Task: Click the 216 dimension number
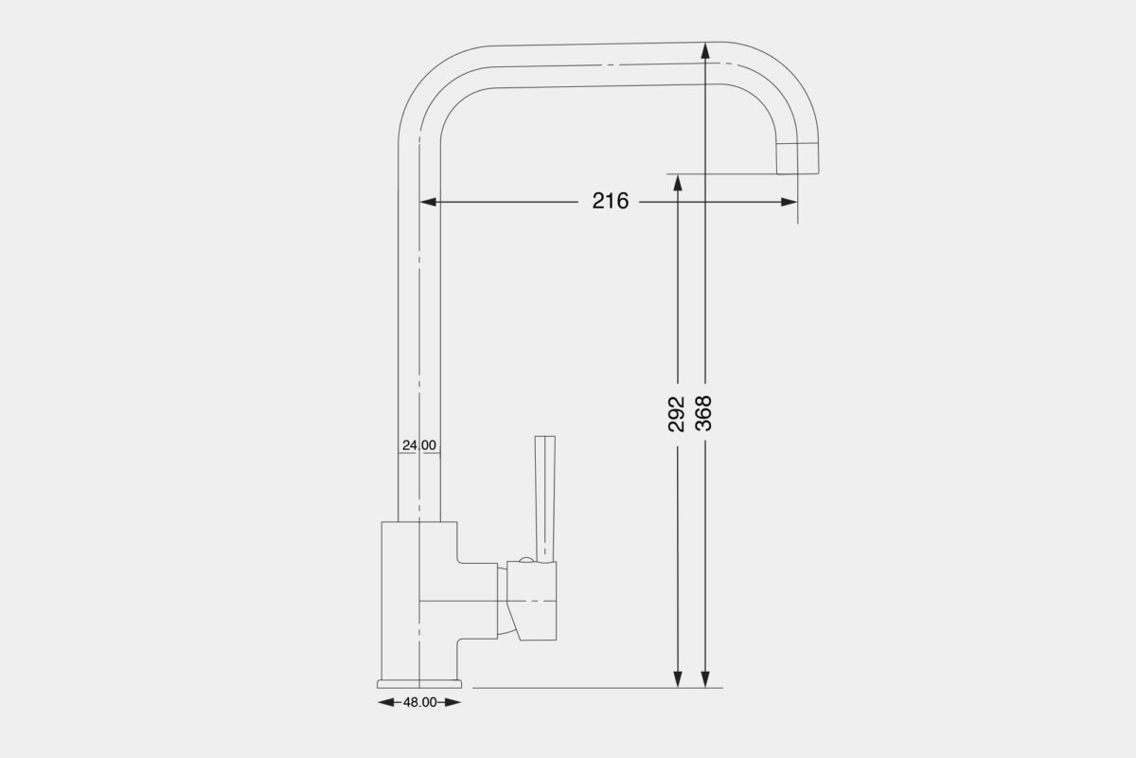point(611,201)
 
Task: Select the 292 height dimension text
point(677,414)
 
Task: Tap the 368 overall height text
point(703,414)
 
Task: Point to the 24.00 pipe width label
point(418,444)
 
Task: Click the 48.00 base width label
point(419,702)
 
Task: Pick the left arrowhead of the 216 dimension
point(428,201)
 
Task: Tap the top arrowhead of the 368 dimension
point(704,51)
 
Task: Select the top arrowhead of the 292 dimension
point(678,183)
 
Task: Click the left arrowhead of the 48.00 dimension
point(384,702)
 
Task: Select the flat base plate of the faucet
point(419,682)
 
